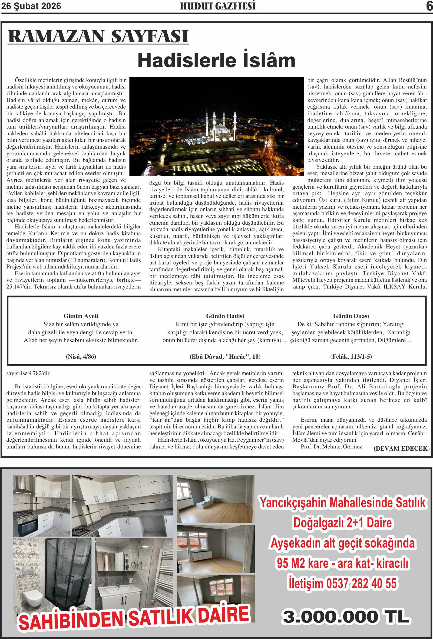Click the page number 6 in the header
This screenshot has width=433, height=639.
point(429,6)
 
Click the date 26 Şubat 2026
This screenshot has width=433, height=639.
point(31,6)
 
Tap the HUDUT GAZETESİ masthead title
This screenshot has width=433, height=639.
point(218,6)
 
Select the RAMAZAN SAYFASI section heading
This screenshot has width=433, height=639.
point(98,36)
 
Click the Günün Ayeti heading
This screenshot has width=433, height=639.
point(81,316)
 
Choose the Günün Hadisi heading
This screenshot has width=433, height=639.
point(225,316)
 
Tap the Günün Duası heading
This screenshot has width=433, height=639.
point(351,316)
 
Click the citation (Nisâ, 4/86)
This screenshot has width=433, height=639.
point(81,357)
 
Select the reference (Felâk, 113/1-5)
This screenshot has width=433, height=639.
point(351,357)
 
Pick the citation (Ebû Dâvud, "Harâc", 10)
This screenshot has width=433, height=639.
point(225,357)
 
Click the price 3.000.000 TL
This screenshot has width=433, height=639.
point(346,617)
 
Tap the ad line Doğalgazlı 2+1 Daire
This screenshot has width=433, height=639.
point(342,522)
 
